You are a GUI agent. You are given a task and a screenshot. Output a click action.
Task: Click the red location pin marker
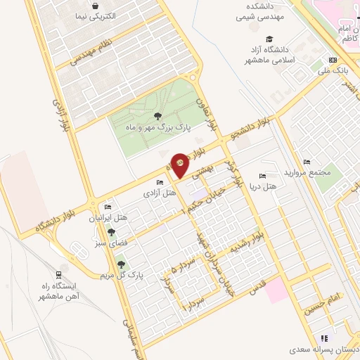tap(181, 165)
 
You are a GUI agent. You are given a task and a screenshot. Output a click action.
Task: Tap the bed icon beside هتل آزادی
tap(160, 182)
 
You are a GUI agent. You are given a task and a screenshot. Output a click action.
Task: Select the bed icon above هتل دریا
tap(262, 176)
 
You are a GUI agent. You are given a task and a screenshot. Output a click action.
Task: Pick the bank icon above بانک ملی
tap(333, 60)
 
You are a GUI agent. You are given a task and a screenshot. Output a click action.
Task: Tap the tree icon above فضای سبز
tap(110, 232)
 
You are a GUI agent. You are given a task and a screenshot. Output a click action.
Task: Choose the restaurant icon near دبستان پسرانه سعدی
tap(324, 339)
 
